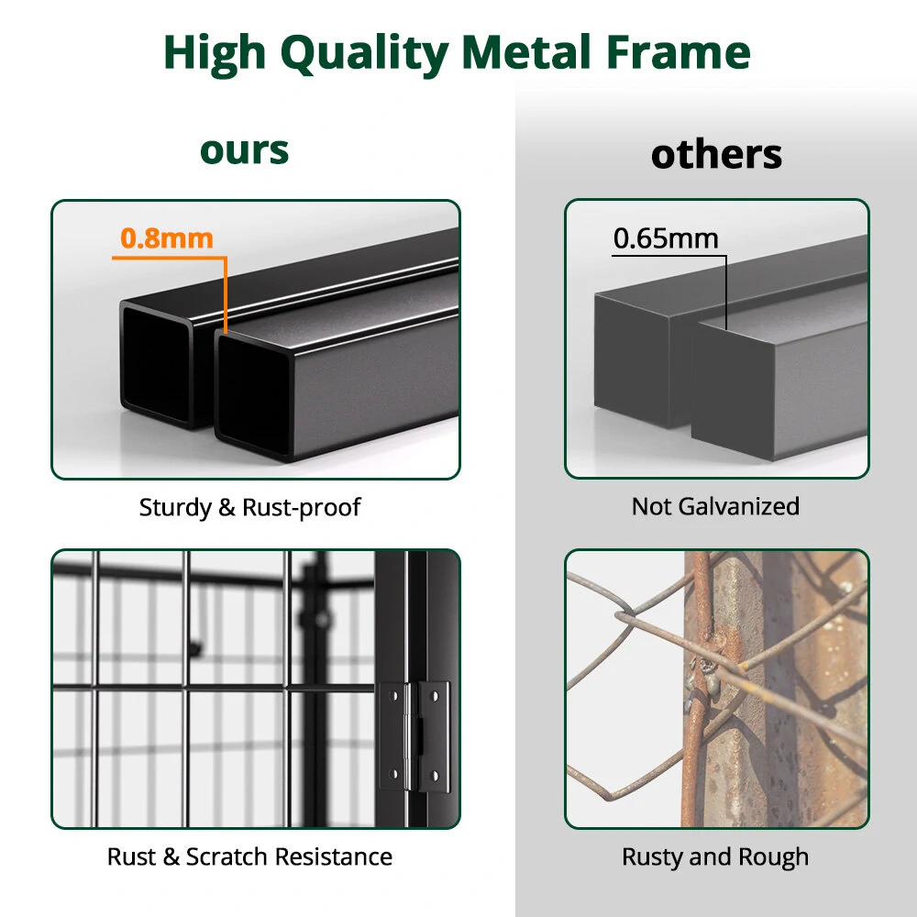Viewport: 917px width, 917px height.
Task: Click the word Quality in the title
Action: (x=364, y=54)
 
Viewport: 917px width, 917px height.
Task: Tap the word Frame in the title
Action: (x=679, y=52)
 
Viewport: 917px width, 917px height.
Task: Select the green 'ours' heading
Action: (x=245, y=151)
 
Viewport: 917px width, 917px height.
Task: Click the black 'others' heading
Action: (x=716, y=154)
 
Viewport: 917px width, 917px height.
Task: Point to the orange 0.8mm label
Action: (x=167, y=238)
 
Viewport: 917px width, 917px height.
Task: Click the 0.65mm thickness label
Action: (x=666, y=238)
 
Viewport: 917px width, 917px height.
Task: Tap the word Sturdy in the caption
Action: (x=175, y=508)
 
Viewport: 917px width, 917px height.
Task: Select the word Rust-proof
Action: (x=301, y=508)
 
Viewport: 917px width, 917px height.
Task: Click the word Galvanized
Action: (x=740, y=506)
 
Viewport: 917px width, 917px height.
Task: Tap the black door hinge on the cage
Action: (x=414, y=736)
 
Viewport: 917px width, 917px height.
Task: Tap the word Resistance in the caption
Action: (x=334, y=856)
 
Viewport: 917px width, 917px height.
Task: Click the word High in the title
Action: (x=215, y=54)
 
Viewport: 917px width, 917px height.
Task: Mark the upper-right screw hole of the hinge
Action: (x=435, y=697)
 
